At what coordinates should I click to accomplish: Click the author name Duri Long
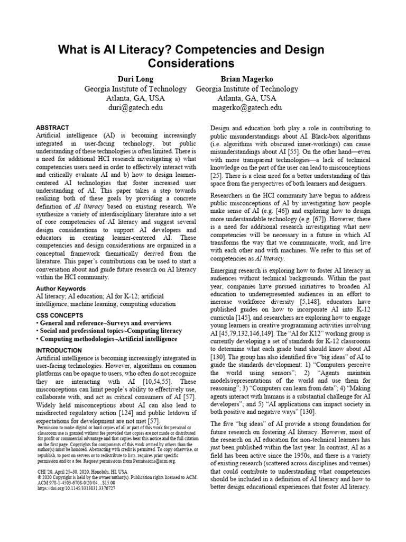click(135, 79)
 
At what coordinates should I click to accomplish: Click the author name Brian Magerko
click(247, 79)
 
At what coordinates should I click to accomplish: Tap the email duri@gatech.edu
click(135, 107)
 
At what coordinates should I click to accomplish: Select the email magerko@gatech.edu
click(247, 107)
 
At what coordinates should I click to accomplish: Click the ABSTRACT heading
click(52, 128)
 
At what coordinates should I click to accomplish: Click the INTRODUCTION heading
click(59, 350)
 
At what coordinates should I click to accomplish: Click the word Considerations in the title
click(191, 64)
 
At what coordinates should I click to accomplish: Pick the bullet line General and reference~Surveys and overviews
click(104, 323)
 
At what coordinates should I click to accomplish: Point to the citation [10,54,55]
click(158, 383)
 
